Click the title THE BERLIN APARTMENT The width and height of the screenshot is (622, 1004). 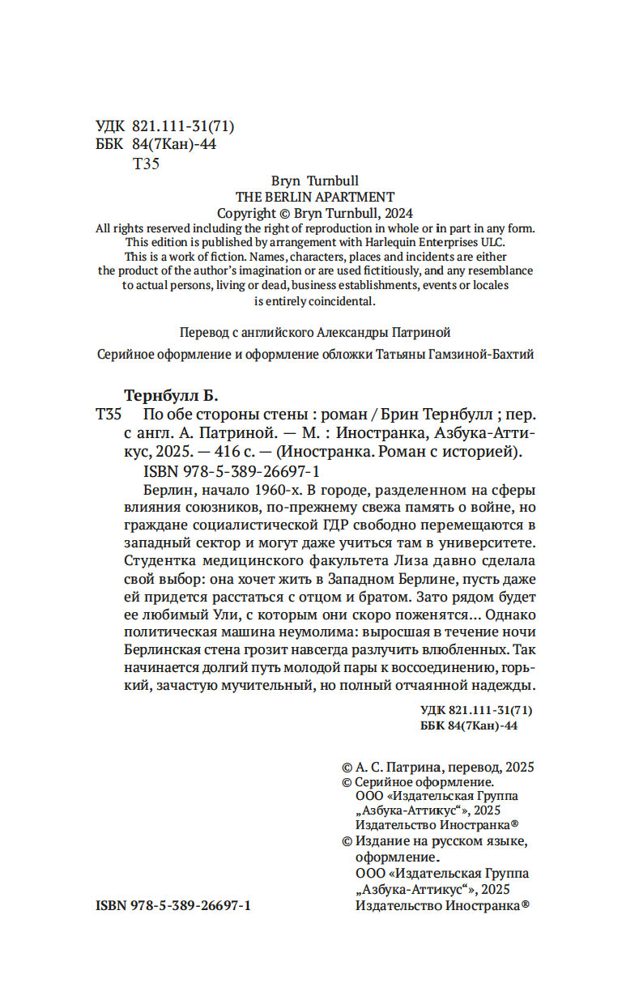[314, 197]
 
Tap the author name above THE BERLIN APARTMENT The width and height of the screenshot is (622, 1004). [314, 181]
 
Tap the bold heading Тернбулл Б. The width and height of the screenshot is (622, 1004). [172, 395]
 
